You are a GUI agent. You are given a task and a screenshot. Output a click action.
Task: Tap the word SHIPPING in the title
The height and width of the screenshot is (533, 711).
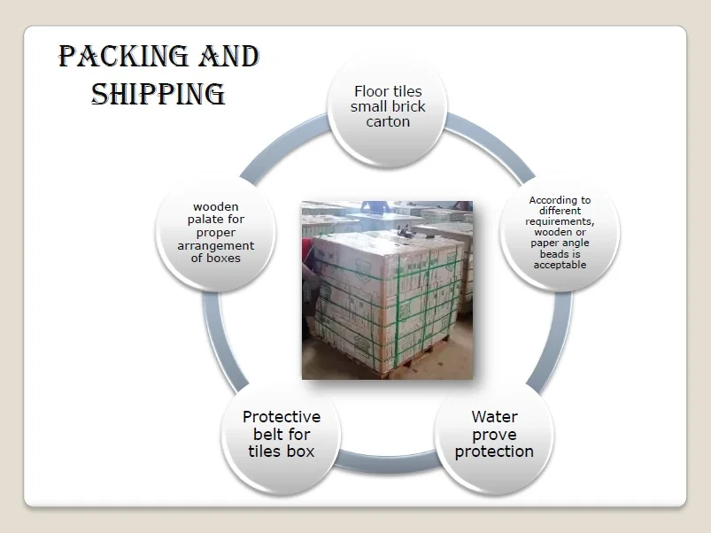[158, 94]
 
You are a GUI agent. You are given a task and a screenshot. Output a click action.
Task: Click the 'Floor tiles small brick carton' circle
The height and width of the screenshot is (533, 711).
[388, 108]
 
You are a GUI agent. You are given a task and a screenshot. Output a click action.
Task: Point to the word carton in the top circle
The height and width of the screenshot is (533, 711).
[388, 122]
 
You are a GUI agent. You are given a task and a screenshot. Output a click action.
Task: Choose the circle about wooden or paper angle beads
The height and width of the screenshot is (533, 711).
[560, 233]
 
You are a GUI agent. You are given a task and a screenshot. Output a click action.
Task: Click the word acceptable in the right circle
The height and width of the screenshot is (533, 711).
[560, 265]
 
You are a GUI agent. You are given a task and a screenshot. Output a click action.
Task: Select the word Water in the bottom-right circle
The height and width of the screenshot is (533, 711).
[494, 417]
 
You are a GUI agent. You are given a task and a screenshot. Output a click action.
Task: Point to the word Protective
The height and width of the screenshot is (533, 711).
[282, 417]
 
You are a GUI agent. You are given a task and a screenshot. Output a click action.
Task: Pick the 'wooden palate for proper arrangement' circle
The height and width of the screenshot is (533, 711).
[215, 233]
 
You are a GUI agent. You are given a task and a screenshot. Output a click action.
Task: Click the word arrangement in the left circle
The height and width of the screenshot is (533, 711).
[215, 246]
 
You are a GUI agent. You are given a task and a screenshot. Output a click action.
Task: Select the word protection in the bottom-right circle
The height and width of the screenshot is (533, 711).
[494, 452]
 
